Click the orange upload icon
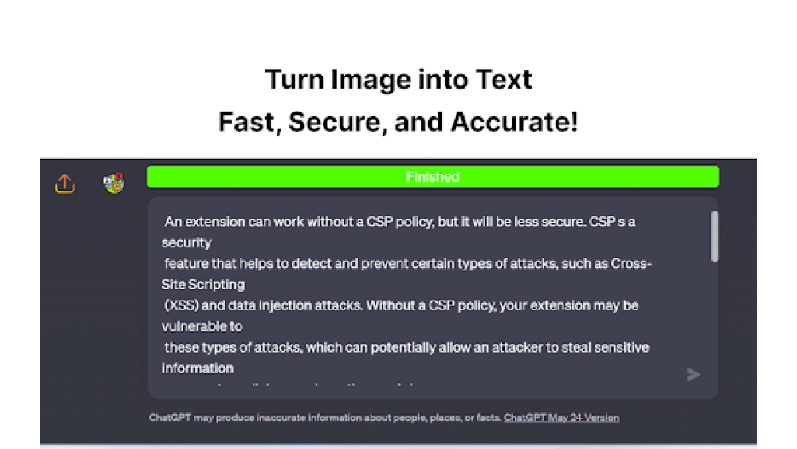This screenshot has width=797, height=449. tap(65, 184)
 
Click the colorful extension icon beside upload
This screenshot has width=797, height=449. tap(113, 184)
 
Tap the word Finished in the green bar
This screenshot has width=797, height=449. tap(433, 177)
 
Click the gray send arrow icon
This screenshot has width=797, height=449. tap(693, 374)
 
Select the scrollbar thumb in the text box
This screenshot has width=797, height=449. tap(714, 237)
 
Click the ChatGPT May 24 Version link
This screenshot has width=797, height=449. tap(561, 417)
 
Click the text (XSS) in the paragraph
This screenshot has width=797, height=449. tap(183, 305)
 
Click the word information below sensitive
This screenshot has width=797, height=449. tap(198, 368)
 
